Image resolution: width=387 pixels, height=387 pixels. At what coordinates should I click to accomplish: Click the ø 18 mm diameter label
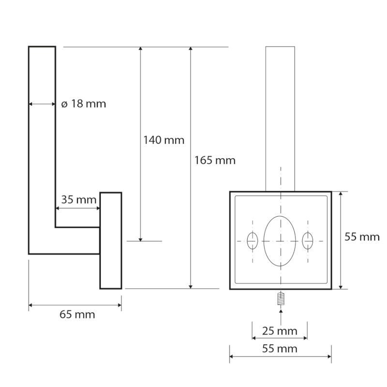tap(84, 104)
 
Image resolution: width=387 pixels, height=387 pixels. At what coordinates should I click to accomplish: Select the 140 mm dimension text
tap(164, 140)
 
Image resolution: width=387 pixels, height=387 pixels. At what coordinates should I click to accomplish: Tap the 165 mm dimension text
tap(214, 160)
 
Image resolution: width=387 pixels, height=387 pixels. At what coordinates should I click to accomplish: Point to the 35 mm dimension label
tap(77, 199)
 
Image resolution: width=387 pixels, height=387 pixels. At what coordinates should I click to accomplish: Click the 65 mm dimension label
tap(77, 315)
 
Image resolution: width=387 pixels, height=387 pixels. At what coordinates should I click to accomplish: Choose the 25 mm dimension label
tap(280, 331)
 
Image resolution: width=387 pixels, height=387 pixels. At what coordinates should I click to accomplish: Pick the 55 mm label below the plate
tap(280, 348)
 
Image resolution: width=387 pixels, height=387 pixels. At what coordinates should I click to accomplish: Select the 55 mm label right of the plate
tap(361, 237)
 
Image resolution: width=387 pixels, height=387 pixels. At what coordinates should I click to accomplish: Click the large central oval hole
tap(280, 240)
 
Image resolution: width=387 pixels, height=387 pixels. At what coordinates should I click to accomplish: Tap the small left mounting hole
tap(252, 240)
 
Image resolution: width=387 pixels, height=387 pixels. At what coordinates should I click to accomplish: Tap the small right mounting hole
tap(308, 240)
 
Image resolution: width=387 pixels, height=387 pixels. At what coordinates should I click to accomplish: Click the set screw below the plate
tap(280, 299)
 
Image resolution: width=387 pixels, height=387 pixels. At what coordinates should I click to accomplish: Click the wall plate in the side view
tap(111, 240)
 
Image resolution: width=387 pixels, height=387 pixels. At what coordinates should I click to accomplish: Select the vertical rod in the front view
tap(280, 119)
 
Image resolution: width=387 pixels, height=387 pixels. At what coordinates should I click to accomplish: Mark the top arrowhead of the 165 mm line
tap(192, 50)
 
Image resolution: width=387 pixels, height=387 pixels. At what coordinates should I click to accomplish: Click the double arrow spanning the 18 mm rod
tap(42, 104)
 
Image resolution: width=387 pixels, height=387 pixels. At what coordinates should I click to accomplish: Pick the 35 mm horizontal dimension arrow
tap(78, 208)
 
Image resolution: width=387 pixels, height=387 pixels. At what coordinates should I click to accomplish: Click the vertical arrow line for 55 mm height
tap(342, 240)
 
